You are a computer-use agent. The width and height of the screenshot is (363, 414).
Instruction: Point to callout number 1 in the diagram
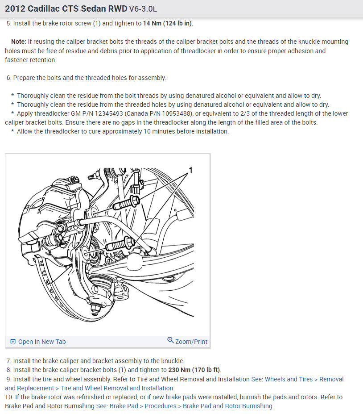click(x=190, y=170)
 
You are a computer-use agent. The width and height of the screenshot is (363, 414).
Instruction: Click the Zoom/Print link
click(x=191, y=342)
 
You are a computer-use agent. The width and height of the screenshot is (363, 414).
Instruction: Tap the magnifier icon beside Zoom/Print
click(x=170, y=340)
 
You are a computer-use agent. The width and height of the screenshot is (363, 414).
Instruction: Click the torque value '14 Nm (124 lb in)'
click(x=168, y=23)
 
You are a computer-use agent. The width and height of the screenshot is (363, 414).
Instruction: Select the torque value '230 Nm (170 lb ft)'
click(x=194, y=370)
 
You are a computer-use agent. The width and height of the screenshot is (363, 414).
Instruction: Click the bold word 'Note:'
click(x=19, y=42)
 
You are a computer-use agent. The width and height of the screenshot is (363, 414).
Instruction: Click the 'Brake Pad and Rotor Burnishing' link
click(x=228, y=406)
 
